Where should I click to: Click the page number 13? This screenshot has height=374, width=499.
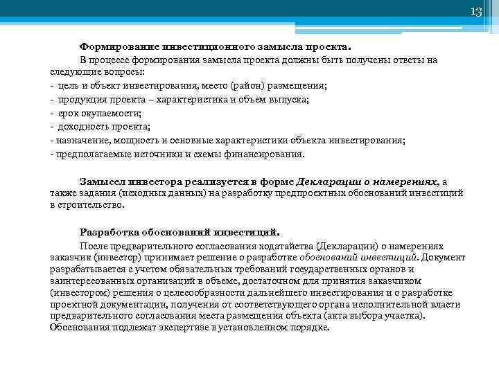pyautogui.click(x=475, y=12)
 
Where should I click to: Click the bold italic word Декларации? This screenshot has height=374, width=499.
pyautogui.click(x=326, y=180)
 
